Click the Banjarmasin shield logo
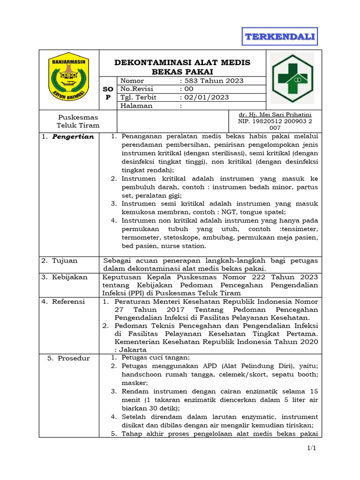(x=68, y=76)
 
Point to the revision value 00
(x=188, y=89)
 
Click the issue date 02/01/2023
(x=206, y=97)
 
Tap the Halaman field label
(x=137, y=106)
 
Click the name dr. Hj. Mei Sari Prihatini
(x=275, y=114)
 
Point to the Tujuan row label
(x=65, y=260)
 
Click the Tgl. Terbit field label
(x=139, y=97)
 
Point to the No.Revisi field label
(x=138, y=89)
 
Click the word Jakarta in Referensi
(x=133, y=350)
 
